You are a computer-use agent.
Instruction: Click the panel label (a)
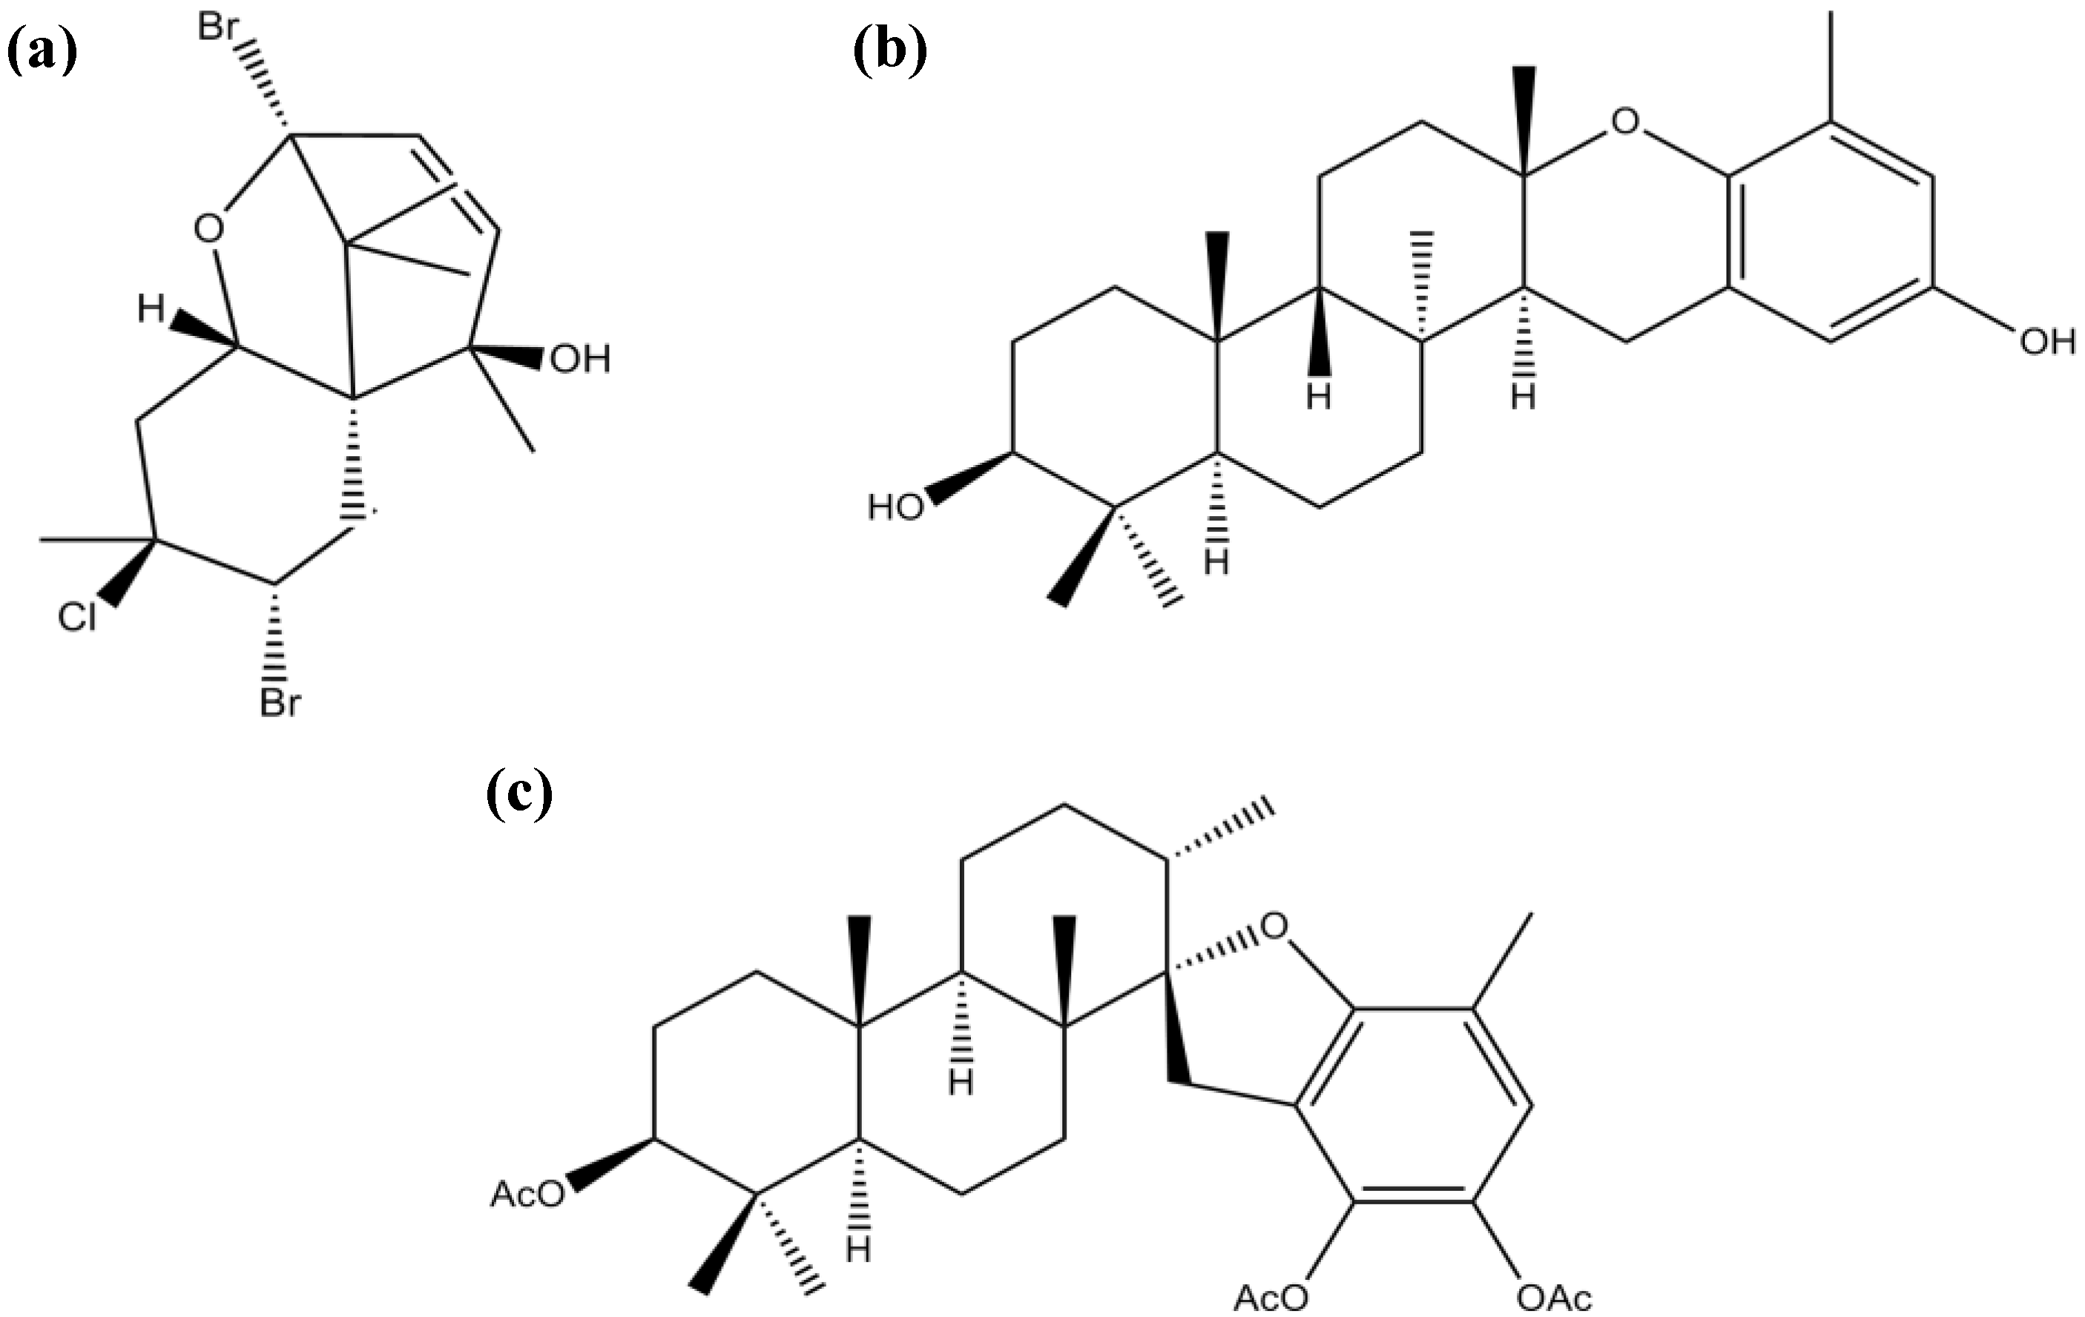[x=42, y=51]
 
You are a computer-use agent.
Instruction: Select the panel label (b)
[x=890, y=51]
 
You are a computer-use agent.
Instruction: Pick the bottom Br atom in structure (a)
[x=280, y=703]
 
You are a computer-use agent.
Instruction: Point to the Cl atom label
[x=77, y=618]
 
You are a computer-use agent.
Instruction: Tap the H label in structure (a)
[x=151, y=309]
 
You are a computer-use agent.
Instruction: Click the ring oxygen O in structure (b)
[x=1625, y=121]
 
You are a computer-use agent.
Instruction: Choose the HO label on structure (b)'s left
[x=895, y=507]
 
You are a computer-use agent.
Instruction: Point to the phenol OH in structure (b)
[x=2047, y=342]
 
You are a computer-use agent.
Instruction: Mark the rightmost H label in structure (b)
[x=1523, y=397]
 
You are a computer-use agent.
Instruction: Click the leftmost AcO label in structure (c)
[x=527, y=1194]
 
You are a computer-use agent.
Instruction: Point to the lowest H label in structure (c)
[x=858, y=1250]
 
